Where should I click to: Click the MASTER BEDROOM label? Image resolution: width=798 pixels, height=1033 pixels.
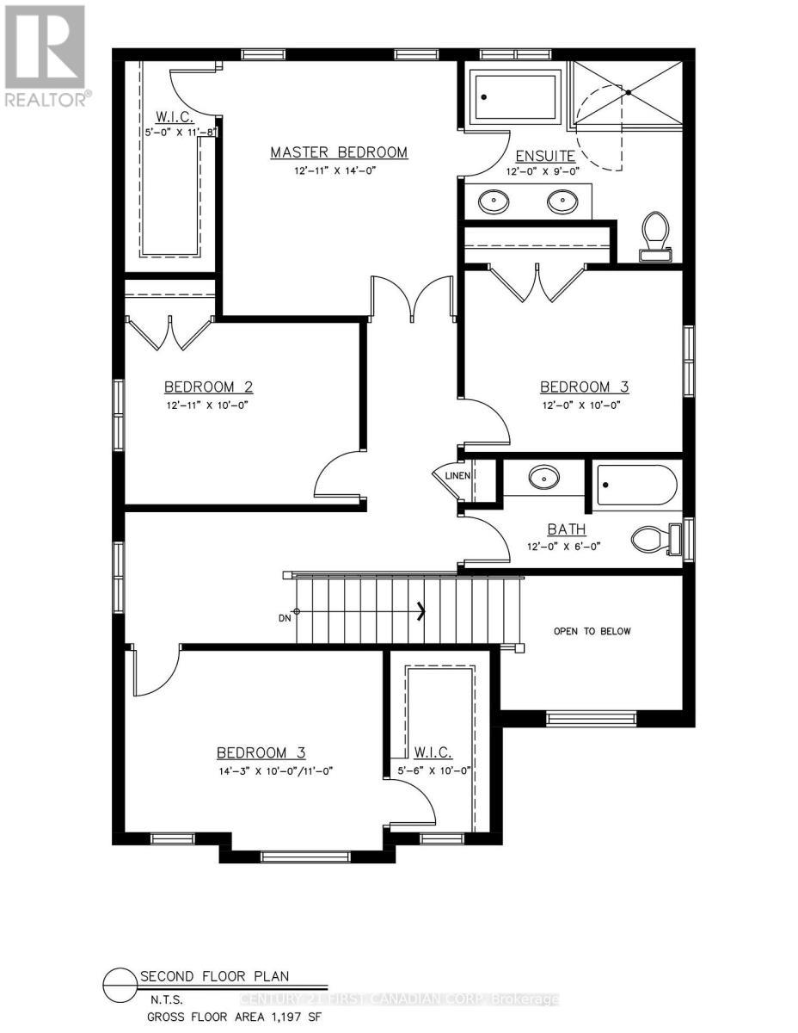point(339,152)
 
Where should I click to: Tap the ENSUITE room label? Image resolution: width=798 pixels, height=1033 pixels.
point(545,156)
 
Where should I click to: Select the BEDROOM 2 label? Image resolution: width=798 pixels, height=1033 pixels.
point(209,387)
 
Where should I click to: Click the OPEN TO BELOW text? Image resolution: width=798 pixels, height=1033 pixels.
point(592,631)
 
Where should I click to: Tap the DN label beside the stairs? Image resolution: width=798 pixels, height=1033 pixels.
point(285,617)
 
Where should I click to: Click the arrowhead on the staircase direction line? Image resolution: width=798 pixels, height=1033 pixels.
point(421,611)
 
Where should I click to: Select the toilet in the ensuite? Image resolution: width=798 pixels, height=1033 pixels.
point(655,235)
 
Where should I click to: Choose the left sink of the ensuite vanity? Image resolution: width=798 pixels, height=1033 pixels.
point(494,202)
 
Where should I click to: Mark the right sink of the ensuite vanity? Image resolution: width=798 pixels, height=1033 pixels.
point(562,202)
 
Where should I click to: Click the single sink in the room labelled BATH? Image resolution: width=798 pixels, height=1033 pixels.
point(543,478)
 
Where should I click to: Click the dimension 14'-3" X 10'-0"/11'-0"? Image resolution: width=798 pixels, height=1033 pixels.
point(274,770)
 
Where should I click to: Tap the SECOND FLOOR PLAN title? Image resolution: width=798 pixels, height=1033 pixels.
point(214,976)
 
